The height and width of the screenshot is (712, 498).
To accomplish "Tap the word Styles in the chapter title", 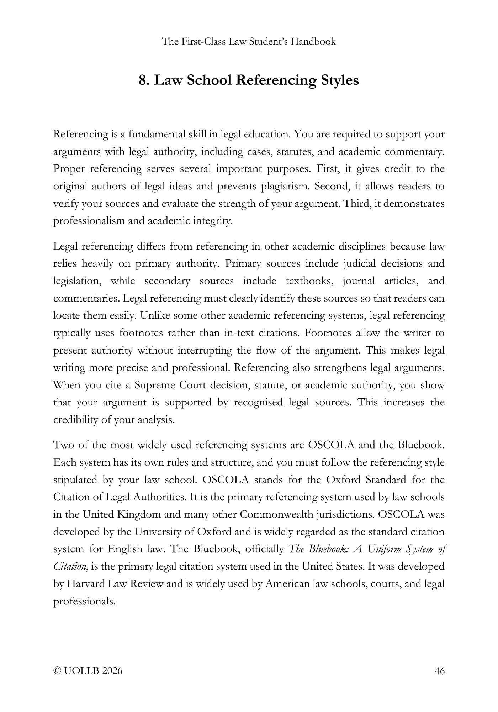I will point(340,80).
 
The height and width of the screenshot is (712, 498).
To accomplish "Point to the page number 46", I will point(440,671).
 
